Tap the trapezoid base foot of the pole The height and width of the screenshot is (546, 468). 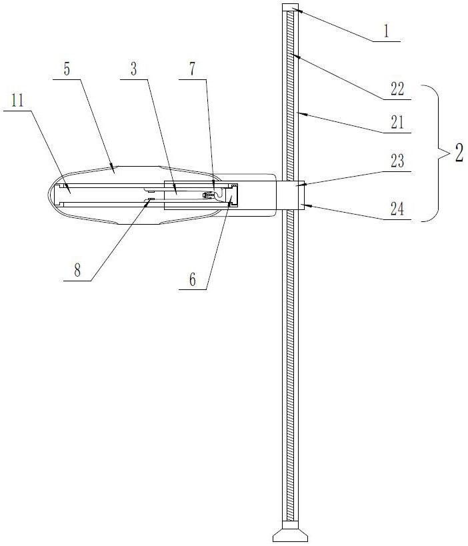pos(290,535)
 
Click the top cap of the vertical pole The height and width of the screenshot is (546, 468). pos(290,7)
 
